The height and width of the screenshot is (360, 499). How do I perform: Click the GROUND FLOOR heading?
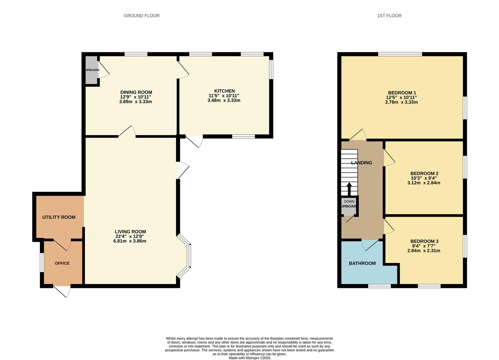click(x=141, y=16)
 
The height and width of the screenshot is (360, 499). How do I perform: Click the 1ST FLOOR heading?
click(x=389, y=16)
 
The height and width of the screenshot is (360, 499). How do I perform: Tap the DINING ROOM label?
click(x=136, y=92)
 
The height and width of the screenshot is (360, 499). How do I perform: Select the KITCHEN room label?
click(x=224, y=91)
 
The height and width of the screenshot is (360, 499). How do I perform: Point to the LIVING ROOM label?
click(x=130, y=232)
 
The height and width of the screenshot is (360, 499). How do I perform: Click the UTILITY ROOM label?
click(x=59, y=217)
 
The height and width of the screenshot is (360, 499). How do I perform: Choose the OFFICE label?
click(x=62, y=263)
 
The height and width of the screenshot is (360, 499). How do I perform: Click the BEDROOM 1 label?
click(x=402, y=93)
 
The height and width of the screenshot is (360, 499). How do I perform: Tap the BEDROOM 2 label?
click(x=424, y=173)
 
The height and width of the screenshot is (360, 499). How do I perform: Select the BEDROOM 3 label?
click(x=424, y=241)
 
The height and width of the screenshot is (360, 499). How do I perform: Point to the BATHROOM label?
click(x=362, y=263)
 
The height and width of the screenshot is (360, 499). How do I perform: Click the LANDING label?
click(x=362, y=163)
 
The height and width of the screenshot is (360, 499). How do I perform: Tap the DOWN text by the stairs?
click(x=349, y=201)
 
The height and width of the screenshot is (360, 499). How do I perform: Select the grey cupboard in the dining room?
click(x=91, y=70)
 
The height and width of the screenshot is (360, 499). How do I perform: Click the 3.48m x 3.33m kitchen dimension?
click(x=224, y=100)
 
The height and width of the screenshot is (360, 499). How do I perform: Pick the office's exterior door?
click(x=62, y=291)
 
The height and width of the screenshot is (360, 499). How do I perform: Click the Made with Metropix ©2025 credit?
click(x=249, y=358)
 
